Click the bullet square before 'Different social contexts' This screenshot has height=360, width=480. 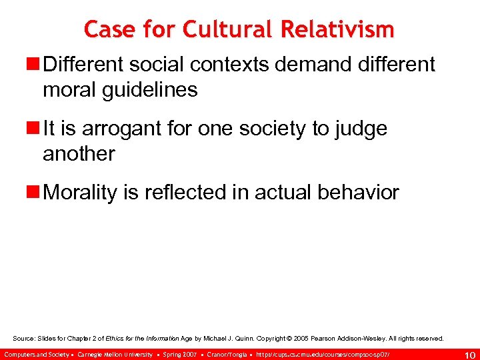tap(33, 65)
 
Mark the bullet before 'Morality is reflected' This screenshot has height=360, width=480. tap(33, 193)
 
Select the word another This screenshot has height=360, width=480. tap(79, 153)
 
